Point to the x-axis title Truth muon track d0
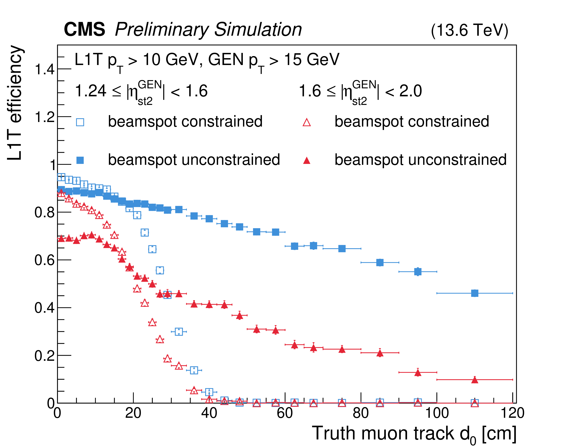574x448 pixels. [x=414, y=434]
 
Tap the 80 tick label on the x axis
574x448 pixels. [x=361, y=413]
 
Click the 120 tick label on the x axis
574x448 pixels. [x=512, y=413]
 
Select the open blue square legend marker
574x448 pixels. [x=80, y=122]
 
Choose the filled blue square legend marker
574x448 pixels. [x=80, y=160]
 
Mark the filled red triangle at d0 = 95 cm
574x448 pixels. [x=418, y=373]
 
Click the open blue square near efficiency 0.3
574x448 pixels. [x=179, y=332]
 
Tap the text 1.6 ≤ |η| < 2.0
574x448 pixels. [x=360, y=91]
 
